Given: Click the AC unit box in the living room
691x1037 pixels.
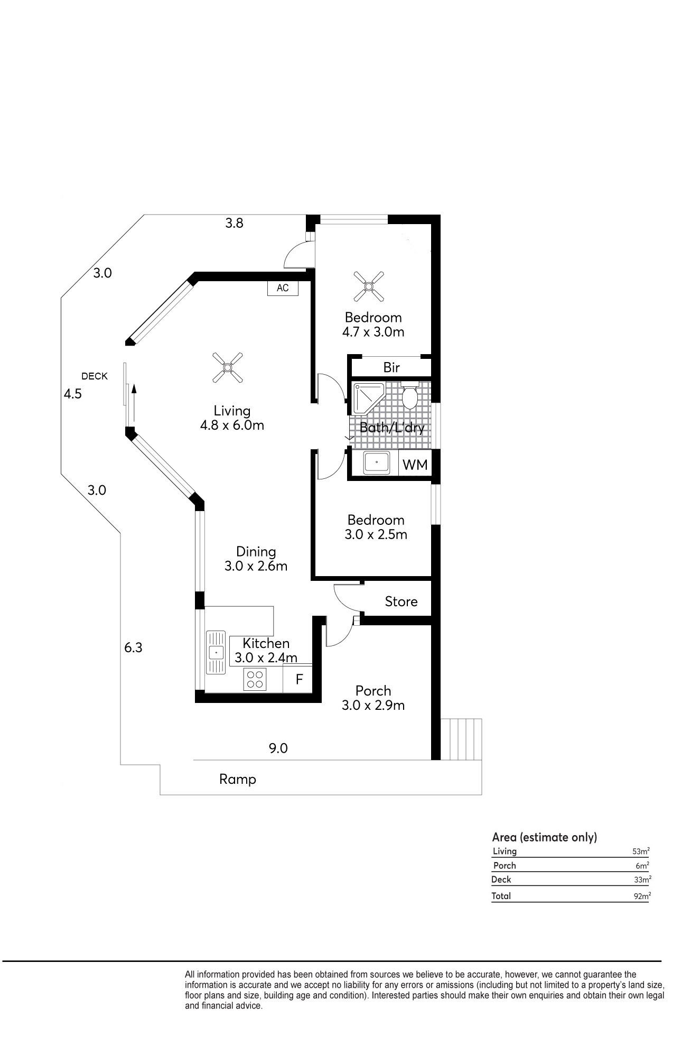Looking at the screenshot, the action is point(283,288).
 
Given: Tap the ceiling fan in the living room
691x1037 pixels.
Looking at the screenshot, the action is point(228,367).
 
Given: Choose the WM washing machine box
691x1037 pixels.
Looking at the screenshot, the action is point(415,465).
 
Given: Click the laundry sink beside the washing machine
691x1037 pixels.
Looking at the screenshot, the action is point(376,462).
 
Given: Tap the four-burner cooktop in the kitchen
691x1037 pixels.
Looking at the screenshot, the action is point(255,679).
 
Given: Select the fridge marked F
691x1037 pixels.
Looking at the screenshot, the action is point(299,679).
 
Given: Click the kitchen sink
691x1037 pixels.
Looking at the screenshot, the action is point(216,652).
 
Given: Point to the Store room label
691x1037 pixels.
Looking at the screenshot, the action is point(401,601).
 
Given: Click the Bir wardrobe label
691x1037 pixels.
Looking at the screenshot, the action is point(391,367).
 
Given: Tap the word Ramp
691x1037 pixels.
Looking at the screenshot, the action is point(238,779).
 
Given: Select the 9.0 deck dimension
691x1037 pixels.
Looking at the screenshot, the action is point(278,748).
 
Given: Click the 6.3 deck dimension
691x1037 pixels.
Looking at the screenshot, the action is point(133,647).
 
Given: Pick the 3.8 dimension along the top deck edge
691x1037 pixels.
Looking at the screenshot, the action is point(234,223).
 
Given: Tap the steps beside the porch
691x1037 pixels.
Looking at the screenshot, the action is point(461,739).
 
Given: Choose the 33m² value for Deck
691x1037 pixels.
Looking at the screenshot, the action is point(642,879).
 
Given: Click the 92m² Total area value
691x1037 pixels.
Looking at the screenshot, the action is point(641,896).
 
